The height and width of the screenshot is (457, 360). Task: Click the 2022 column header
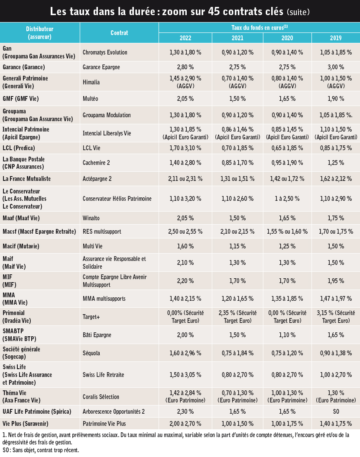[185, 38]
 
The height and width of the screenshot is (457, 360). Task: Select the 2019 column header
[336, 38]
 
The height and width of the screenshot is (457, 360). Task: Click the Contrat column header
[119, 32]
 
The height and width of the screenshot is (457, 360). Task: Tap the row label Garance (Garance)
[24, 67]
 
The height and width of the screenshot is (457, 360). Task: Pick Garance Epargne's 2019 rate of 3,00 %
[336, 67]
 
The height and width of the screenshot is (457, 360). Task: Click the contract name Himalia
[91, 82]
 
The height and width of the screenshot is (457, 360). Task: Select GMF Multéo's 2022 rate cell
[185, 99]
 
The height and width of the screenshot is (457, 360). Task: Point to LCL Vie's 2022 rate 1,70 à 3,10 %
[185, 148]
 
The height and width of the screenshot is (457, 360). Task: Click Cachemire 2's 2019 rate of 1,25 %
[336, 163]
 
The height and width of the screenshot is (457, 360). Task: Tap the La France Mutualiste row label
[26, 179]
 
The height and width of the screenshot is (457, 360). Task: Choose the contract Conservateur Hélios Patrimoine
[117, 199]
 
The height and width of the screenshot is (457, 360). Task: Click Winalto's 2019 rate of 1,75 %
[336, 218]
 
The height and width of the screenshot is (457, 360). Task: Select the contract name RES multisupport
[102, 232]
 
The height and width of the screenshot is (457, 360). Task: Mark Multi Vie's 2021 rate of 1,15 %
[237, 246]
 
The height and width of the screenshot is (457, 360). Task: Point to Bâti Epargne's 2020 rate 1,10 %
[287, 335]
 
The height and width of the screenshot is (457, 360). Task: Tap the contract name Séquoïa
[91, 353]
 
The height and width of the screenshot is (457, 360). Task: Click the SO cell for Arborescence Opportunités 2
[336, 412]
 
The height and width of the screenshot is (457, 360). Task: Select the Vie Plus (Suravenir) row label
[26, 424]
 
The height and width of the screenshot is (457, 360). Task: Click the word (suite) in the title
[298, 12]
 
